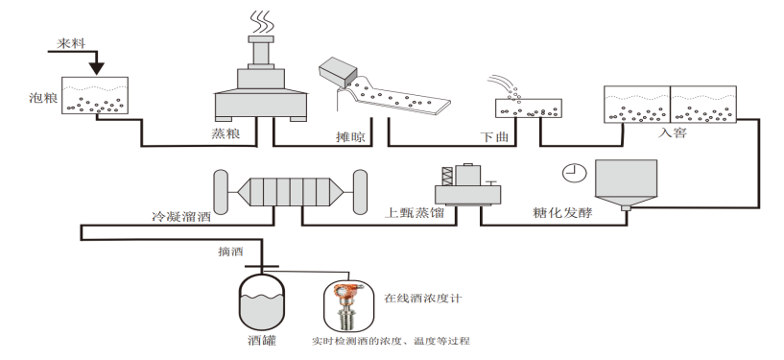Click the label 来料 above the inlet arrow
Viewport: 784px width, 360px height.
(71, 43)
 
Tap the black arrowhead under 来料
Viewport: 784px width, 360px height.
(97, 68)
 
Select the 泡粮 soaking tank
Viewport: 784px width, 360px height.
(95, 95)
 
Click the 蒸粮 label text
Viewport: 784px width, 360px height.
(226, 133)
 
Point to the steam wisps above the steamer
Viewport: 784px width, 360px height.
(262, 21)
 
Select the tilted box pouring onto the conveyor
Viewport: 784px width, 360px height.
(339, 73)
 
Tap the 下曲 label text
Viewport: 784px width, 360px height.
(494, 137)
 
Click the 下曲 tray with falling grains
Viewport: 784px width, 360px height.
(529, 108)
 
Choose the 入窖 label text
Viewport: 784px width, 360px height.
(673, 132)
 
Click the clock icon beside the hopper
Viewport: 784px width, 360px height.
(575, 173)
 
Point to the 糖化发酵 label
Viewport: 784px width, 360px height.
(562, 212)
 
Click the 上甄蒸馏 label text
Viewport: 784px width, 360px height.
(414, 213)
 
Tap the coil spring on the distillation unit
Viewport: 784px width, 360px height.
(447, 177)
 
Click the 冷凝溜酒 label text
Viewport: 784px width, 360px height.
(181, 217)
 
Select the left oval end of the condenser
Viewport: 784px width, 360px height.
(221, 191)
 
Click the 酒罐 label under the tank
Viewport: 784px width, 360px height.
(262, 341)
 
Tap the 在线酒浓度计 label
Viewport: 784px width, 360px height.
(422, 299)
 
